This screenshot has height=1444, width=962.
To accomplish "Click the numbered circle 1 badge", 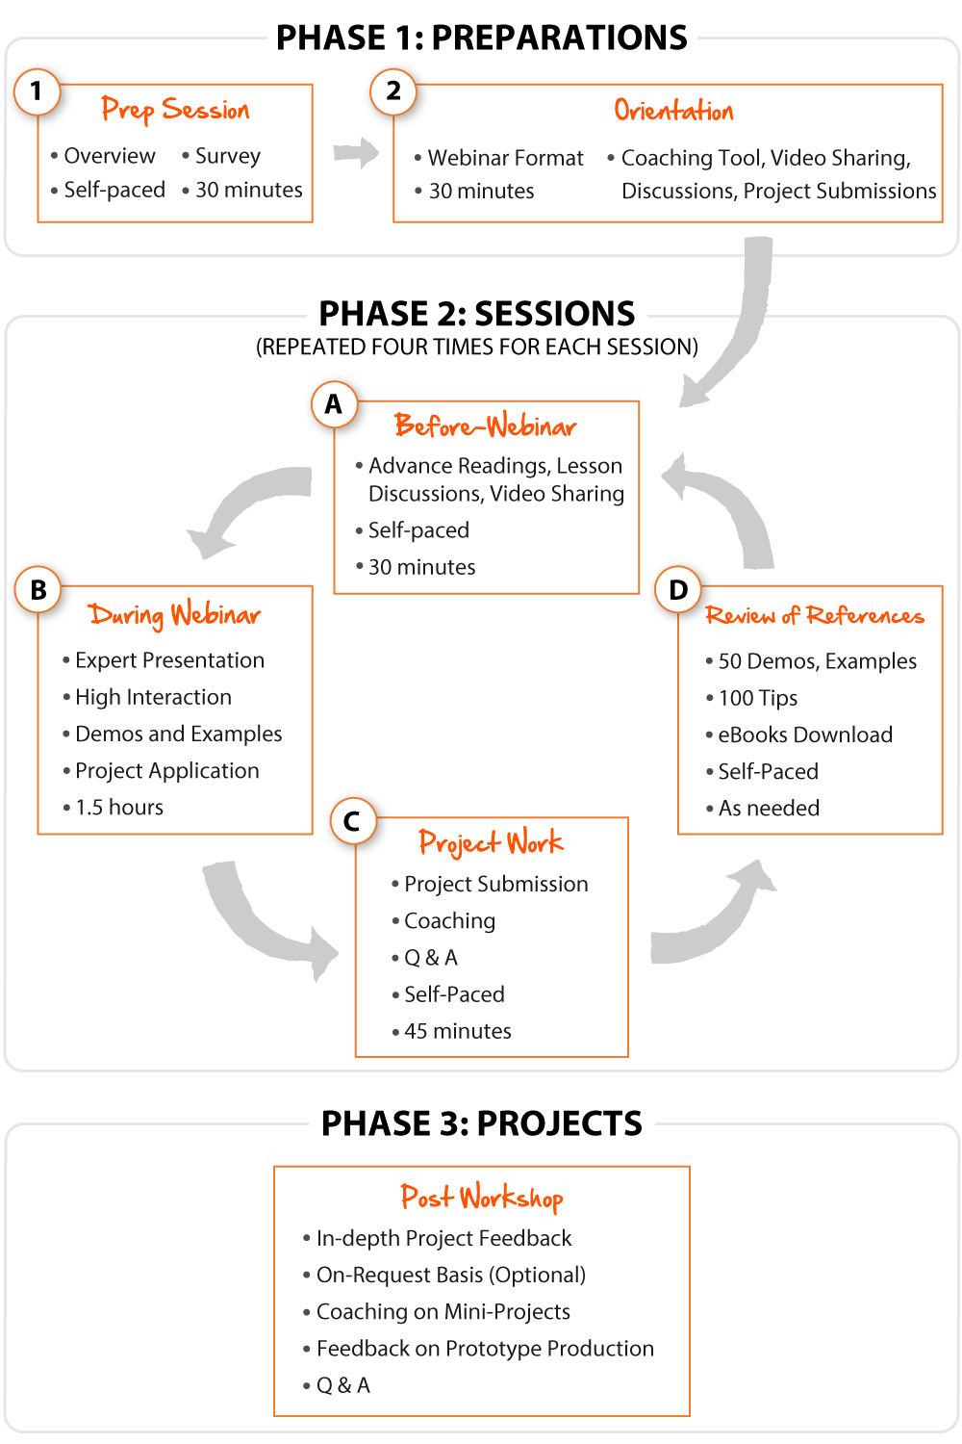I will tap(38, 92).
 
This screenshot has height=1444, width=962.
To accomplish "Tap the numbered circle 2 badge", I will tap(393, 92).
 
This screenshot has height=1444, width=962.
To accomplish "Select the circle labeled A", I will tap(334, 404).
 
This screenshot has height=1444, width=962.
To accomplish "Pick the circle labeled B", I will tap(38, 590).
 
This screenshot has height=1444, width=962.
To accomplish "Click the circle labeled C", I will tap(352, 822).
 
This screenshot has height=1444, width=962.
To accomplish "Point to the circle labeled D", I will tap(678, 590).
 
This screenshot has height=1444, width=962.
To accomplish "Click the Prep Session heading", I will tap(175, 110).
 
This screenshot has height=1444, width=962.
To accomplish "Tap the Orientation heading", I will tap(673, 111).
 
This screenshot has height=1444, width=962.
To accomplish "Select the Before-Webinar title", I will tap(485, 425).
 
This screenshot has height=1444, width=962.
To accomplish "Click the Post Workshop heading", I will tap(482, 1198).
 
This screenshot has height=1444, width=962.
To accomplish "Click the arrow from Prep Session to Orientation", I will tap(356, 152).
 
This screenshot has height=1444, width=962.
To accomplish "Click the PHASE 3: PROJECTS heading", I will tap(482, 1123).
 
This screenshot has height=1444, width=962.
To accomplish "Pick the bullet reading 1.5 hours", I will tap(119, 808).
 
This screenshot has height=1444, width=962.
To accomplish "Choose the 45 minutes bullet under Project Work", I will tap(457, 1031).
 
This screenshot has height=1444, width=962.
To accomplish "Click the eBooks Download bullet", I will tap(805, 735).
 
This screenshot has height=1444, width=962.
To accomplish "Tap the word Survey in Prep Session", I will tap(228, 156).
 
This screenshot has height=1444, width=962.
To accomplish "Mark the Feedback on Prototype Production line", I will tap(485, 1349).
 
